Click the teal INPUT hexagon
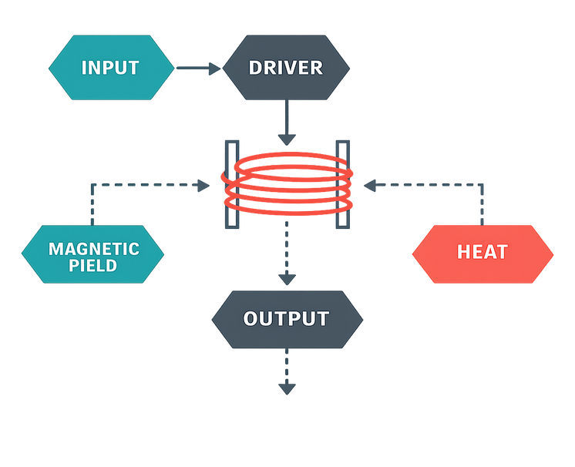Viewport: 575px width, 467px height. click(x=110, y=68)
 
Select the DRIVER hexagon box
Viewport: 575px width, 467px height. click(x=286, y=68)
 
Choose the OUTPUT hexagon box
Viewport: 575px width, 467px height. click(x=286, y=318)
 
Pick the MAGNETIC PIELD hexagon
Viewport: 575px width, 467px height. click(x=92, y=254)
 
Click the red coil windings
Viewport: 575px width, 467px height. click(x=287, y=185)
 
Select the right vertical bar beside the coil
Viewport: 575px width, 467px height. click(x=343, y=183)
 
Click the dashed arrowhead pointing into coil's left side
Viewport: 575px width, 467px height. click(x=204, y=184)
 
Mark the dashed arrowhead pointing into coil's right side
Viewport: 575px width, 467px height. click(x=371, y=184)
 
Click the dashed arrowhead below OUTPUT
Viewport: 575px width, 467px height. click(x=287, y=388)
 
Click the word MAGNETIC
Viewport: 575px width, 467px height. click(x=93, y=248)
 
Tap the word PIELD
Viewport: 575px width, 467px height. click(x=93, y=266)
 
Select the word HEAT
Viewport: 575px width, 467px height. click(x=483, y=253)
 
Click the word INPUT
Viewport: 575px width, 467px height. click(x=110, y=68)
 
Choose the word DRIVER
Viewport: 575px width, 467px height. click(x=286, y=68)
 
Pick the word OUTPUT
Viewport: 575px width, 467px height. click(x=286, y=318)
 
